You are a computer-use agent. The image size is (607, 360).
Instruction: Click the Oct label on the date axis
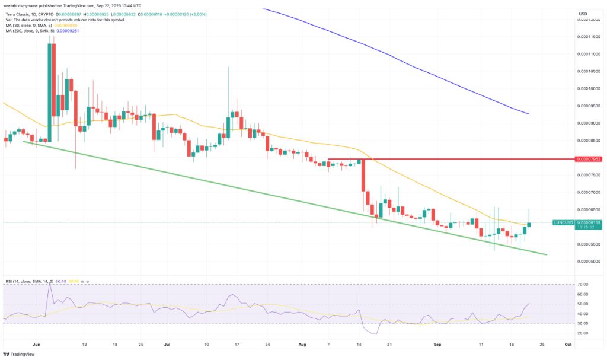(x=568, y=344)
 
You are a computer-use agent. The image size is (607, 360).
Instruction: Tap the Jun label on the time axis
(x=37, y=344)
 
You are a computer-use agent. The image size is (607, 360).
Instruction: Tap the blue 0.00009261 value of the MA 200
(x=66, y=30)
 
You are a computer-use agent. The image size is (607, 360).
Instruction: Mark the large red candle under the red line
(x=363, y=184)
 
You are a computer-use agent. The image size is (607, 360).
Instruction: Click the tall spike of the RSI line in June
(x=49, y=285)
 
